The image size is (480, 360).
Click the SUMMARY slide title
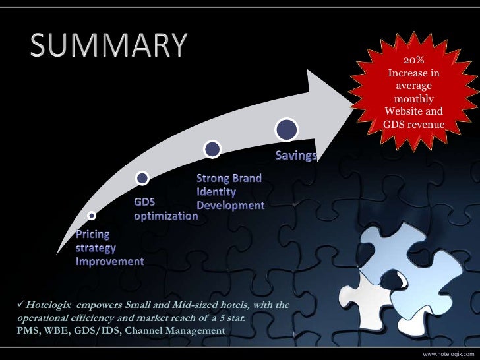coord(108,45)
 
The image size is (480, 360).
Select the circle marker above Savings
coord(286,130)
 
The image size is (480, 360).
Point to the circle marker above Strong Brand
coord(211,149)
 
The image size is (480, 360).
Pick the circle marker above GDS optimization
coord(142,177)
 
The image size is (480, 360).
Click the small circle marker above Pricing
coord(92,215)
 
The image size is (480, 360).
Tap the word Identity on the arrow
coord(216,192)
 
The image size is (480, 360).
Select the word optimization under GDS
coord(165,216)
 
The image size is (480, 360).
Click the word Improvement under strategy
coord(109,262)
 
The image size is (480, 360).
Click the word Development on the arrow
coord(230,206)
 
